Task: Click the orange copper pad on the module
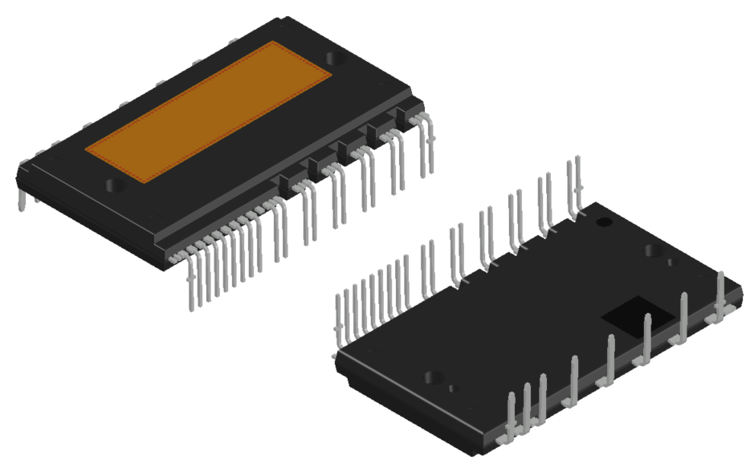tap(209, 111)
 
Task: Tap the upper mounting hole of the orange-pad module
tap(336, 57)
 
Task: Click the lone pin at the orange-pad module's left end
tap(22, 197)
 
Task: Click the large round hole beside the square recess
tap(654, 250)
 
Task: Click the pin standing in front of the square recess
tap(646, 337)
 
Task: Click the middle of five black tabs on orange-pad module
tap(347, 148)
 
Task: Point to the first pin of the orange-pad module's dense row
tap(191, 285)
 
